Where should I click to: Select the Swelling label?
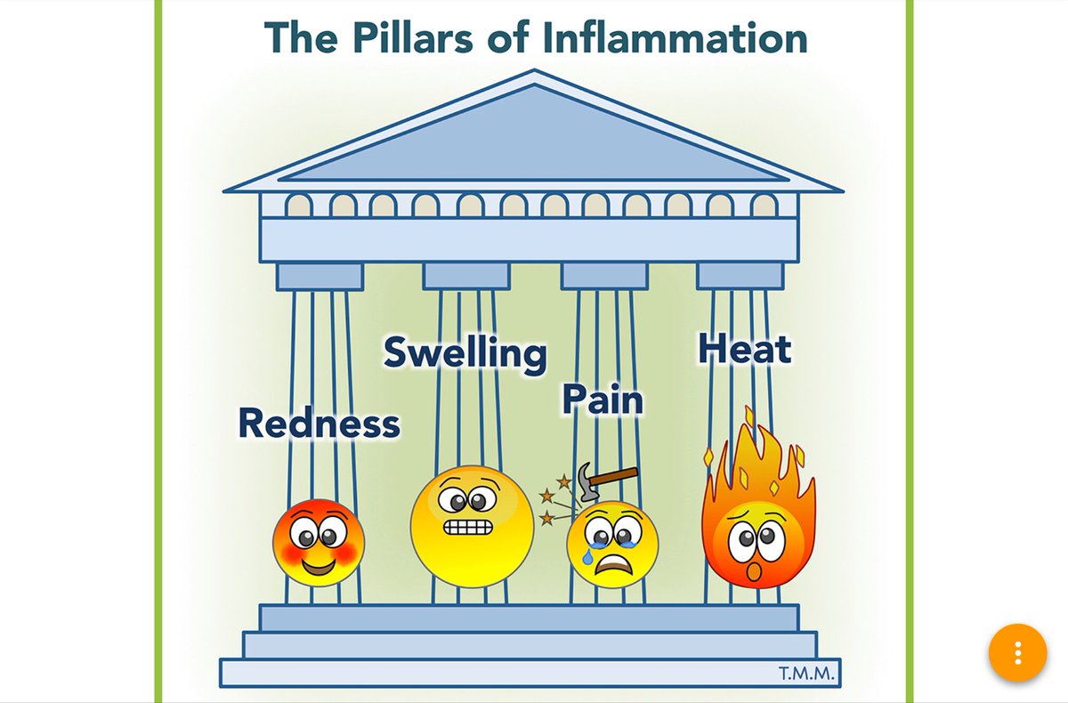click(465, 353)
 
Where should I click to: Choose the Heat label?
click(744, 349)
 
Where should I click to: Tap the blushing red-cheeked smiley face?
click(318, 542)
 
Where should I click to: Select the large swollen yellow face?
click(472, 526)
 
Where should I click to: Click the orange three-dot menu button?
click(1018, 653)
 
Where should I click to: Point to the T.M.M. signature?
click(806, 674)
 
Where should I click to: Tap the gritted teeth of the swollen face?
click(467, 527)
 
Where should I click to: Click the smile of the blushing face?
click(318, 565)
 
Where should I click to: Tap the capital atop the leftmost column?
click(320, 277)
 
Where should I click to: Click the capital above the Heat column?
click(740, 276)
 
